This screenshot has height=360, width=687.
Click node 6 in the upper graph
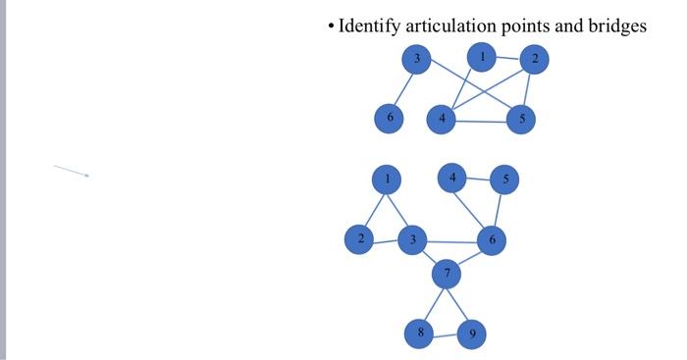(390, 119)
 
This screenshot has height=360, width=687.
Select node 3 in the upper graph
(417, 59)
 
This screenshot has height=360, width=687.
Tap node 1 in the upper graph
(481, 57)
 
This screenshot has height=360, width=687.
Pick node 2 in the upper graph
(534, 60)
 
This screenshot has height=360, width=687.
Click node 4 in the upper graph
(442, 120)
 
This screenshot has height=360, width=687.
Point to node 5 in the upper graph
(521, 120)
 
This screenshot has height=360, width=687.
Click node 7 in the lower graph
(447, 274)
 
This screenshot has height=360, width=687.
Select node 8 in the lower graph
(420, 334)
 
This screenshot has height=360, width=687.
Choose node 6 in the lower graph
(492, 240)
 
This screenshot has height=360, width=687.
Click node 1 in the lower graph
(388, 180)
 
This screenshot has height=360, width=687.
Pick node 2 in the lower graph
(360, 239)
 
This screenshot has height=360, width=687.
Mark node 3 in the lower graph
(413, 240)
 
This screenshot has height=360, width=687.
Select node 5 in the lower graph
(504, 180)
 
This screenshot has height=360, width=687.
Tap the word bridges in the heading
(616, 26)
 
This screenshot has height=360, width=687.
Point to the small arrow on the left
(72, 171)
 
